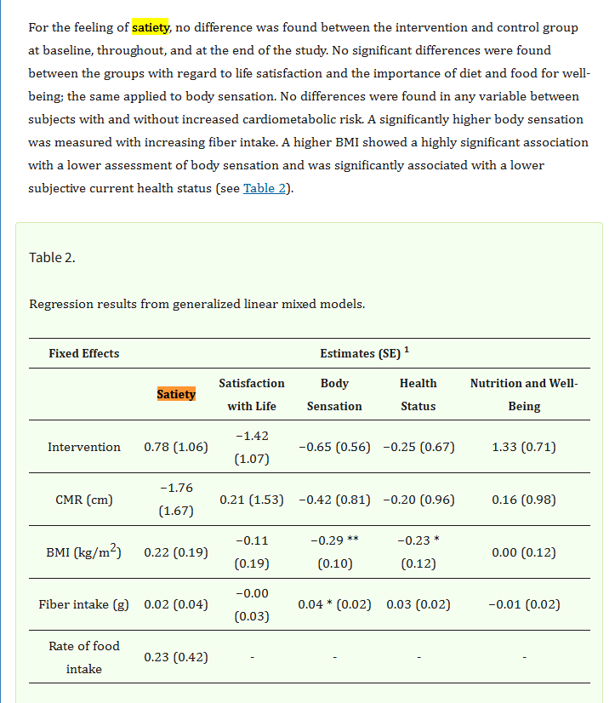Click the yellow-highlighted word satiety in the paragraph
click(151, 27)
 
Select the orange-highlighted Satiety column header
click(176, 394)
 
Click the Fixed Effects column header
click(84, 353)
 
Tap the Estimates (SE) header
click(364, 353)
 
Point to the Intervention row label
click(84, 447)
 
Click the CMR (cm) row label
click(84, 500)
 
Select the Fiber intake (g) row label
click(84, 604)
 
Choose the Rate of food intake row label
click(84, 657)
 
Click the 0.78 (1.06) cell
click(176, 447)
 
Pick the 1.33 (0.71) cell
click(524, 447)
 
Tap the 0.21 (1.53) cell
click(252, 500)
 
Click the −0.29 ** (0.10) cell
click(334, 552)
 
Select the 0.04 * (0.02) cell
click(334, 604)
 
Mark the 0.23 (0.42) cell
click(176, 657)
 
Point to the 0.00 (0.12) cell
click(524, 552)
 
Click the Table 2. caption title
click(52, 257)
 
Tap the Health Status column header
click(418, 395)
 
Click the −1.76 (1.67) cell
click(176, 500)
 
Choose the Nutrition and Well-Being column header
click(524, 395)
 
